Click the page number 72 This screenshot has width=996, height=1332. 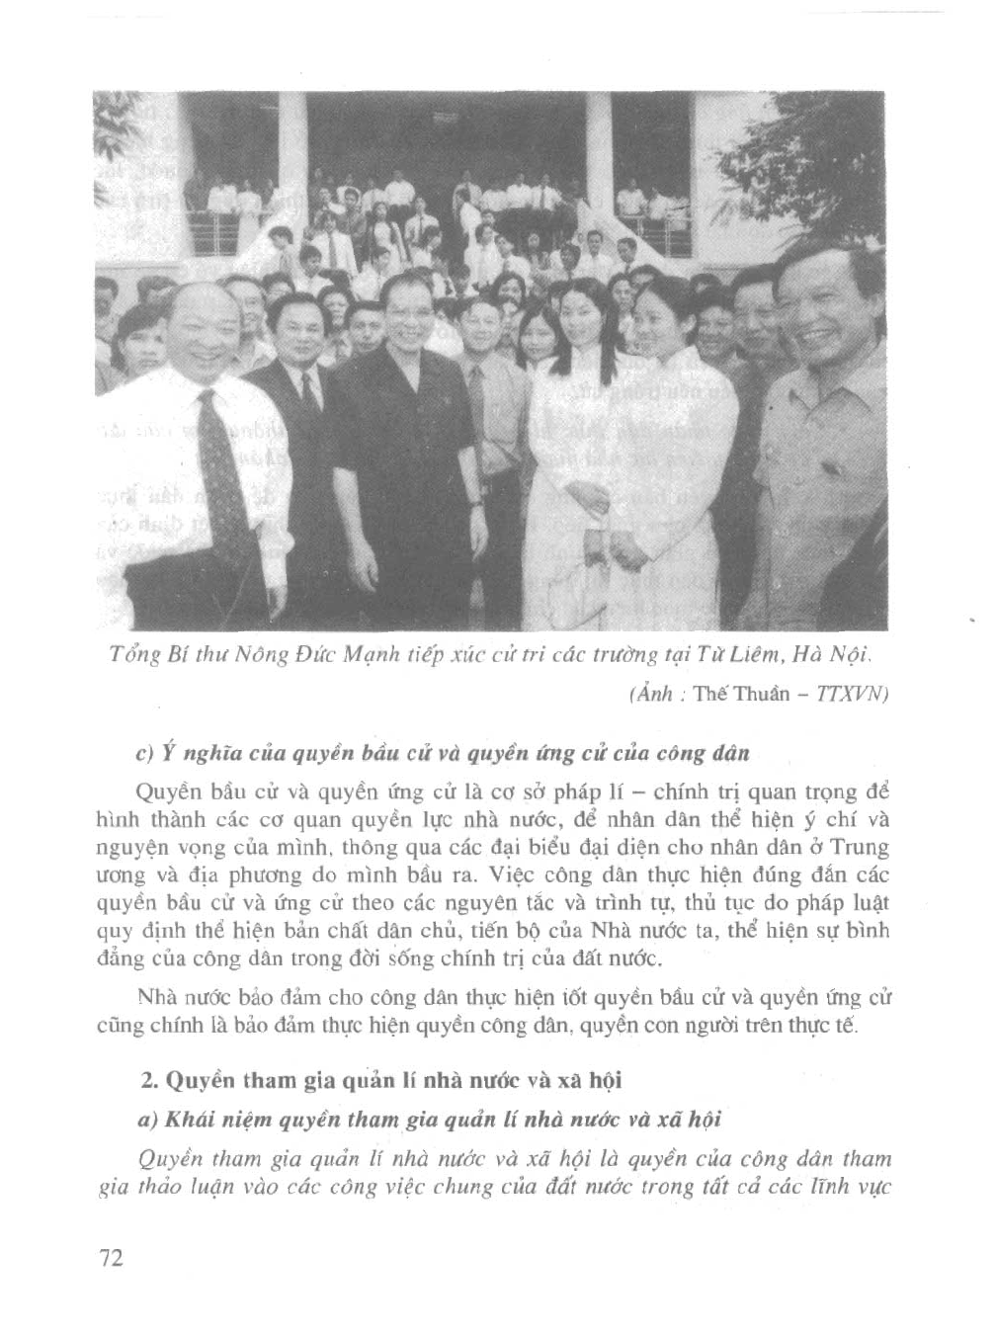[x=110, y=1259]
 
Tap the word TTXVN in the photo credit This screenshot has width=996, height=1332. [x=853, y=694]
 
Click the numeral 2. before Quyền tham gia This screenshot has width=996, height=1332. [x=150, y=1080]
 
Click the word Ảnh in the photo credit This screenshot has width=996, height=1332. [x=647, y=694]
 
